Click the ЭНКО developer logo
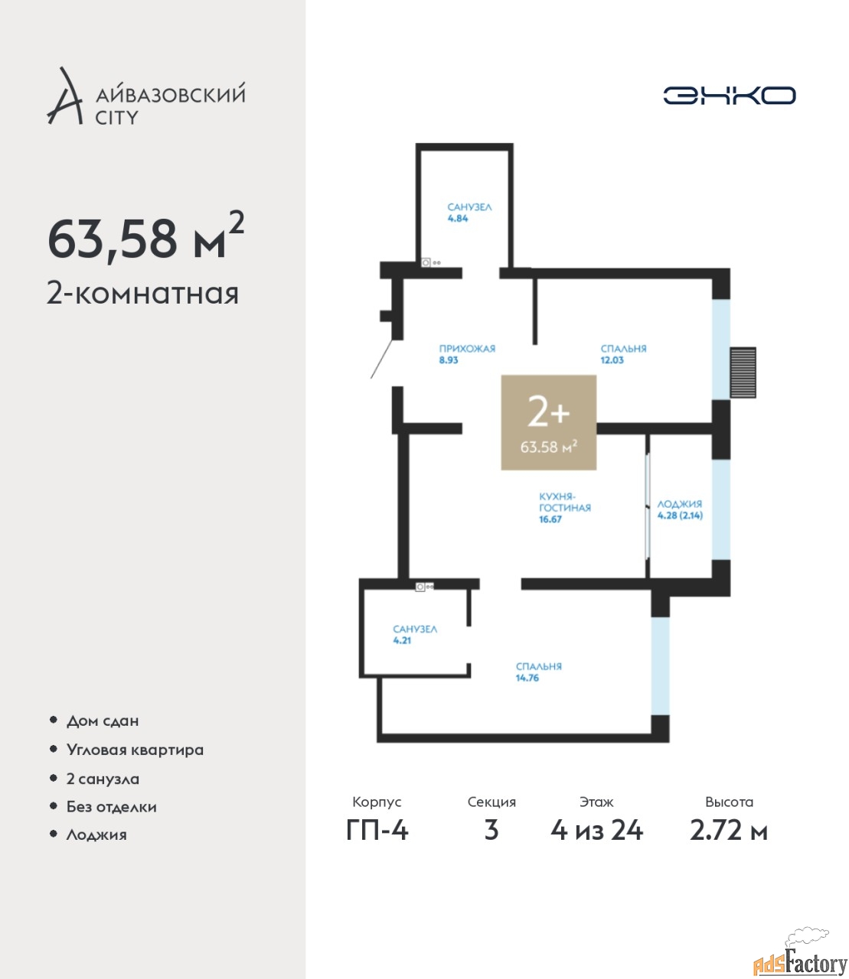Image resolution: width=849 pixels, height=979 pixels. [x=729, y=95]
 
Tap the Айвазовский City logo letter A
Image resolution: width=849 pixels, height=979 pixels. [x=64, y=96]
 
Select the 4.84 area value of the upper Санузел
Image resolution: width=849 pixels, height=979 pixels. [x=458, y=218]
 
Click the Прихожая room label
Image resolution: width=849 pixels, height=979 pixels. [x=467, y=349]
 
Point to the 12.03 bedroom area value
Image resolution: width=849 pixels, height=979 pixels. [x=612, y=360]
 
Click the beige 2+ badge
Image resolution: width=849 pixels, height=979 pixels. [x=548, y=422]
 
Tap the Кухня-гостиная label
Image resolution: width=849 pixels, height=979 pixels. [x=564, y=502]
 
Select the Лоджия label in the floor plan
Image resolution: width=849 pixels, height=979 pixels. [x=679, y=504]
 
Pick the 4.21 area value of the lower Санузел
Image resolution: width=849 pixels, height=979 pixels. [x=402, y=640]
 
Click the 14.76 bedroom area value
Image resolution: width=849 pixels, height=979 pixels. [x=527, y=678]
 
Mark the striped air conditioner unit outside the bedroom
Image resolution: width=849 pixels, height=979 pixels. [x=743, y=372]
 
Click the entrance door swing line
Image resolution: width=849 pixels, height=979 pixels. [x=381, y=359]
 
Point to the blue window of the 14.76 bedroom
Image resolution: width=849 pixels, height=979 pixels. [x=660, y=666]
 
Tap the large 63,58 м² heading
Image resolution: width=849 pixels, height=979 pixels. [x=145, y=236]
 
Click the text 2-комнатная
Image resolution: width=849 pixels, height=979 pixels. [x=142, y=294]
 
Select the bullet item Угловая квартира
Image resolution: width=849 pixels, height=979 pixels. [x=135, y=750]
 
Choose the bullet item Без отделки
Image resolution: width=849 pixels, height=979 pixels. [x=112, y=807]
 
